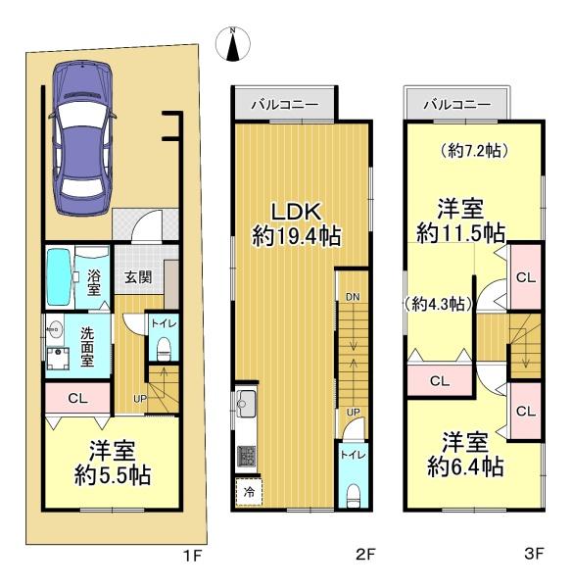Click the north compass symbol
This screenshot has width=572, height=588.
[233, 45]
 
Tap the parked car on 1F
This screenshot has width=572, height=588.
[82, 138]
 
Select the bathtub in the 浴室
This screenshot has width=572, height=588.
[59, 277]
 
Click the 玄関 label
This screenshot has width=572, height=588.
[138, 277]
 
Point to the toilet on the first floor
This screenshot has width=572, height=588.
[164, 349]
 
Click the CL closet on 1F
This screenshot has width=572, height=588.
[77, 398]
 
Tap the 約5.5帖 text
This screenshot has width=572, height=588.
[113, 476]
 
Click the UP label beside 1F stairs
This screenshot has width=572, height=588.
[140, 399]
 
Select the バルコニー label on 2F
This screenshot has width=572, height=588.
[285, 104]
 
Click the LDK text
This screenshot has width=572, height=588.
[296, 213]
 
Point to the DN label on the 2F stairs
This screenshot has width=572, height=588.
[353, 297]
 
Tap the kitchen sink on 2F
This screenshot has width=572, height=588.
[246, 404]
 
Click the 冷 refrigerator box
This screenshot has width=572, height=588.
[249, 492]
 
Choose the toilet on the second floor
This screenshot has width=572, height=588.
[353, 496]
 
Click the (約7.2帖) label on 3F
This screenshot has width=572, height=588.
[474, 151]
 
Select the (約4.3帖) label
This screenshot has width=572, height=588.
[439, 304]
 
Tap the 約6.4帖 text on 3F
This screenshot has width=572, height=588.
[465, 467]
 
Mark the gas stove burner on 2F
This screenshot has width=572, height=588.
[246, 457]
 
